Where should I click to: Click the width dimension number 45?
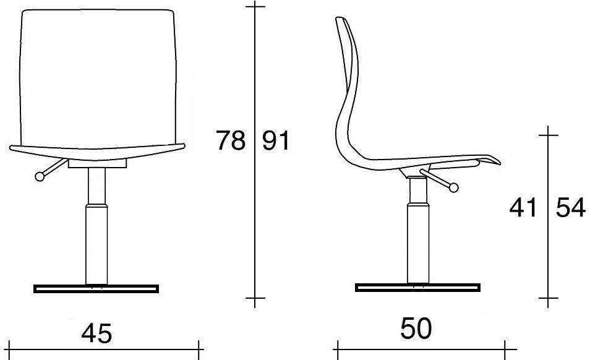tap(96, 333)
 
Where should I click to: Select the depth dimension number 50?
tap(416, 328)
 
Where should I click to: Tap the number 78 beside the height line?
tap(230, 140)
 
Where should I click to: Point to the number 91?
tap(276, 140)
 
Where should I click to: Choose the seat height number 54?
tap(571, 207)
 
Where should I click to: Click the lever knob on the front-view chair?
tap(40, 176)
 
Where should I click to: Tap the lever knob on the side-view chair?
tap(454, 187)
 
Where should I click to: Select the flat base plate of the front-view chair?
tap(96, 289)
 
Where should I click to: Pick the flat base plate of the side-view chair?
tap(417, 288)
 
